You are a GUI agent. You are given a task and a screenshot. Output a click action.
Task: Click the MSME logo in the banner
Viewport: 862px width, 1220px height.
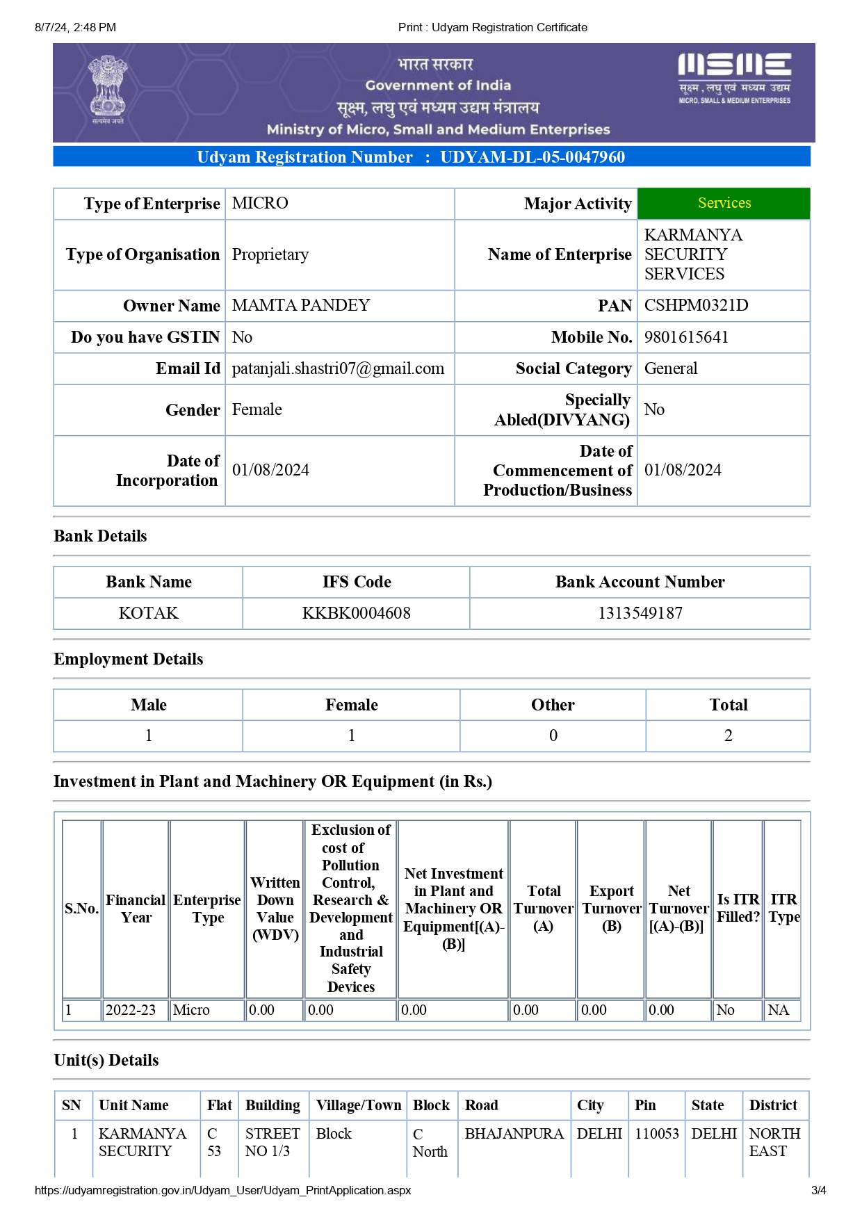(734, 77)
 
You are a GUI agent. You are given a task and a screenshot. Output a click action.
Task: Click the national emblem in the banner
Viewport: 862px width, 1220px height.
(108, 89)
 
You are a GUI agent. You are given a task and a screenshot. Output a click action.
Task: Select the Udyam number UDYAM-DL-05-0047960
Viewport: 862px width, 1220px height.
(532, 157)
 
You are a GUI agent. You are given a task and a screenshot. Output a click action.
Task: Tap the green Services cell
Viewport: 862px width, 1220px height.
(724, 203)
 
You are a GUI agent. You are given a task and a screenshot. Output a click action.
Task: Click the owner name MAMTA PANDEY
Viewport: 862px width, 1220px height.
(301, 305)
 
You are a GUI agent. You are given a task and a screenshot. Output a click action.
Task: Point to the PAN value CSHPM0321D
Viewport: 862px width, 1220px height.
(696, 305)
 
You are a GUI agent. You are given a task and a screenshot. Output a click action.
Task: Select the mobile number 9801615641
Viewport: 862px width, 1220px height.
(686, 337)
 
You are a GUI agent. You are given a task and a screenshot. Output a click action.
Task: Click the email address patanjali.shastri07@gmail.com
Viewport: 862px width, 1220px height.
(338, 368)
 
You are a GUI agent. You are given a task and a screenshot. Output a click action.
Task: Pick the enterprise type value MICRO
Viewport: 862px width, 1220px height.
(260, 203)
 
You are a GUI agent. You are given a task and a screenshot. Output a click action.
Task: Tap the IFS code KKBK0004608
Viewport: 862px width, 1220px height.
(356, 613)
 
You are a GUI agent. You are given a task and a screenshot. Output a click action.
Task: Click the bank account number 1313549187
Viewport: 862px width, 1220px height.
(640, 613)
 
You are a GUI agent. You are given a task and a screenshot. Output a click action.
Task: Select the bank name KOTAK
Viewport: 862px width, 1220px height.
(148, 613)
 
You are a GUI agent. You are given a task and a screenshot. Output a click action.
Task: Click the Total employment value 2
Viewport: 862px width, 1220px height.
(728, 735)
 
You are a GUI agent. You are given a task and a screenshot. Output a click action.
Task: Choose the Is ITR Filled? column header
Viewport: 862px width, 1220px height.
(738, 908)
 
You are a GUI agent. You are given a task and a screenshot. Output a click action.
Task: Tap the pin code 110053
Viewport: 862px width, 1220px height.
(656, 1134)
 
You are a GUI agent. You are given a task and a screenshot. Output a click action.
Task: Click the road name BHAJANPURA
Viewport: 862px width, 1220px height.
(514, 1134)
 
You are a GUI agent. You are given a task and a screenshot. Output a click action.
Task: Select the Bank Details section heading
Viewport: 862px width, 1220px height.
(100, 536)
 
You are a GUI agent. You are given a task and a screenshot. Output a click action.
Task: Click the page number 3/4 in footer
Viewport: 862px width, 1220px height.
(818, 1191)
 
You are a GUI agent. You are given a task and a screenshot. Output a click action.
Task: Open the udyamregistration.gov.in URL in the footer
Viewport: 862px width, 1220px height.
(222, 1191)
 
